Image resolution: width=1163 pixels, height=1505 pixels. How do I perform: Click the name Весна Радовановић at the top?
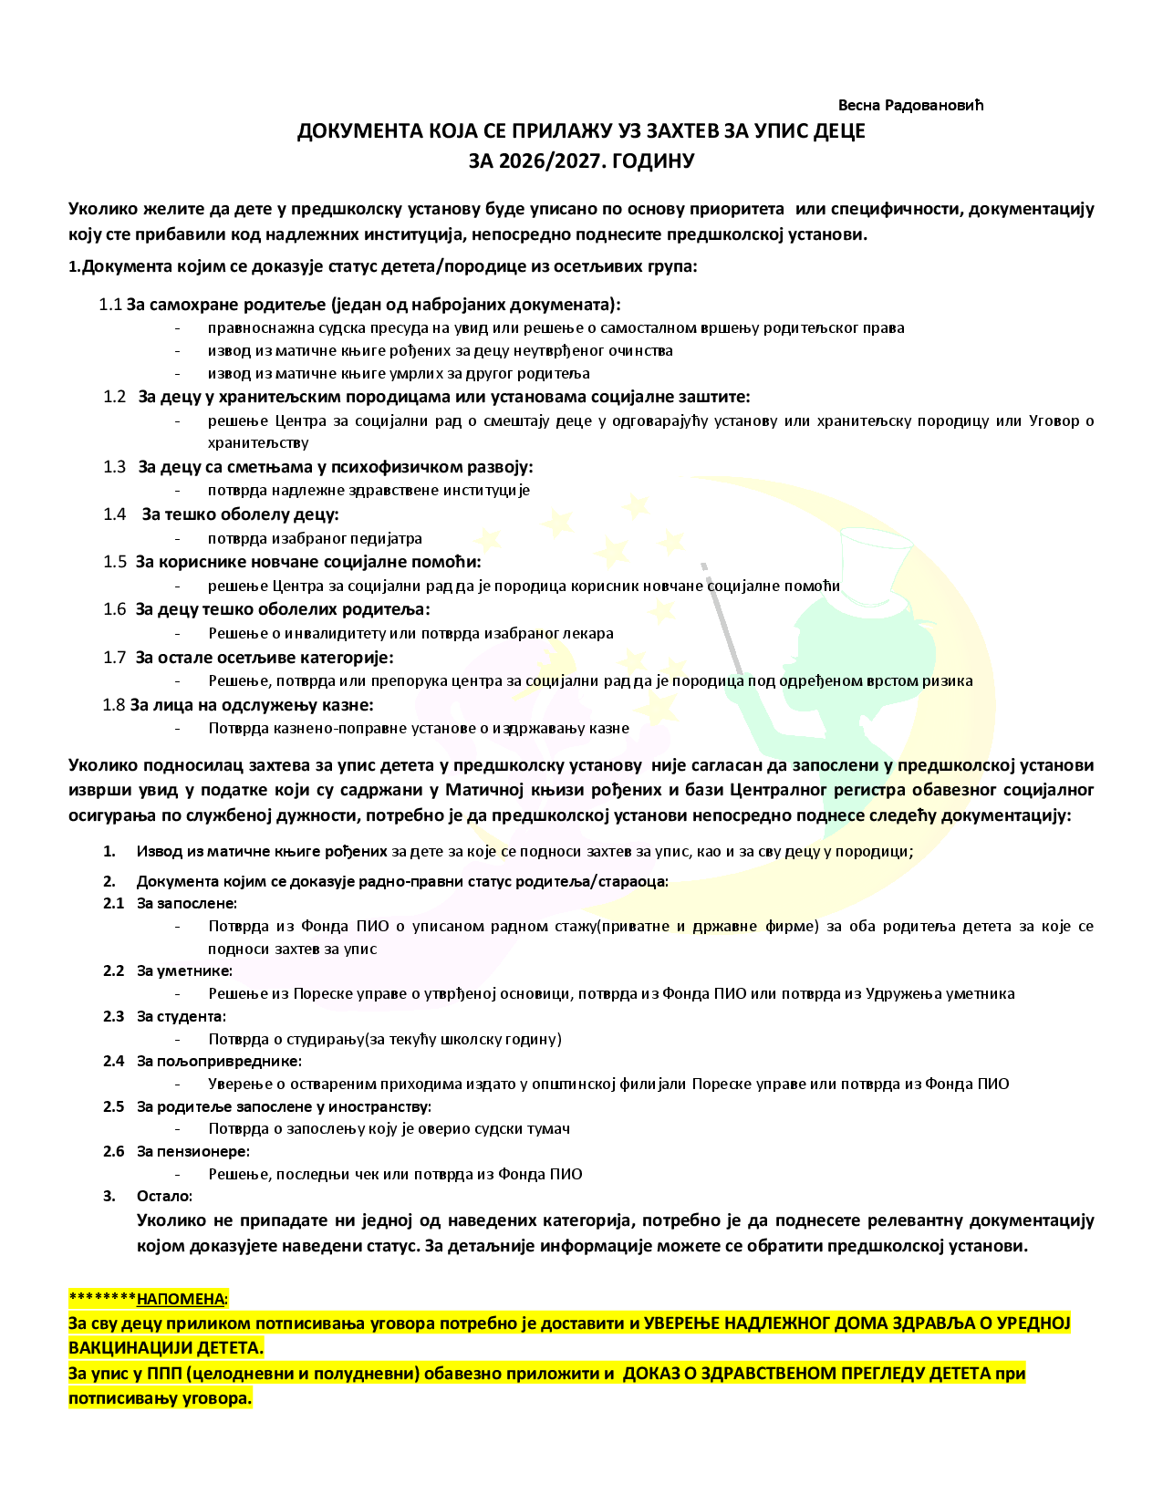click(910, 105)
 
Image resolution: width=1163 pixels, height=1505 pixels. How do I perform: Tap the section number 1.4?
click(114, 514)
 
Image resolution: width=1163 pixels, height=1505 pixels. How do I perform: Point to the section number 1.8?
click(113, 704)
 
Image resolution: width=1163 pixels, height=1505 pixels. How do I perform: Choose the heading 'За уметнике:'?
click(184, 970)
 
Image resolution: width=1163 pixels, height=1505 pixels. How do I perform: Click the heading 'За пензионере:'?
click(192, 1151)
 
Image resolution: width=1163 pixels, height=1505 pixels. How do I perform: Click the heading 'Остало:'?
click(164, 1196)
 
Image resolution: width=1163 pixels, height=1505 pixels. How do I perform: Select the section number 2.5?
click(113, 1106)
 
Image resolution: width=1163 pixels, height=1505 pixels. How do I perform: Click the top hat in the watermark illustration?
click(874, 551)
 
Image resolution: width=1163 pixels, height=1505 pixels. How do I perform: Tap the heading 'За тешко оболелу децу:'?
click(240, 514)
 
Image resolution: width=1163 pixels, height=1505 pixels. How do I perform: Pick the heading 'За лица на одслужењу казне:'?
click(251, 704)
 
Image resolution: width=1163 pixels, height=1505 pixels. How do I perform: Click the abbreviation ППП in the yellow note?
click(158, 1374)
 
